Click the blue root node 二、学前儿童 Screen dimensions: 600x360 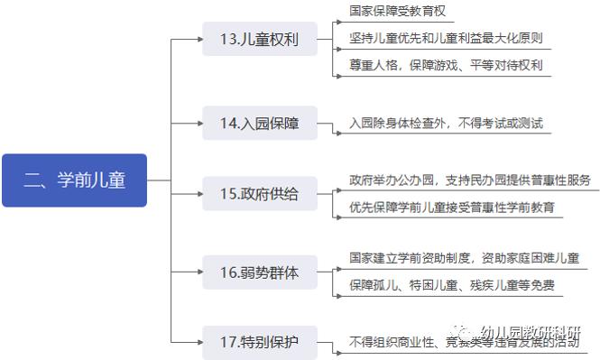74,180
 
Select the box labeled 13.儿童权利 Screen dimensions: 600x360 260,40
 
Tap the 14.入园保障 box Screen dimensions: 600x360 260,123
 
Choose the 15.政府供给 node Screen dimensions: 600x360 260,193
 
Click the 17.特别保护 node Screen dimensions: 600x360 260,342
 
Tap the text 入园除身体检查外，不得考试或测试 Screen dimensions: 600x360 446,123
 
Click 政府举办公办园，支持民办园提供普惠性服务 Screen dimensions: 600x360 469,180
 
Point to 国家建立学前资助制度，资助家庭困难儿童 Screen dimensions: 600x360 464,258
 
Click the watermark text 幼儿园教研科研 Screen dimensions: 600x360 531,332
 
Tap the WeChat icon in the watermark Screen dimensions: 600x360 465,332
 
